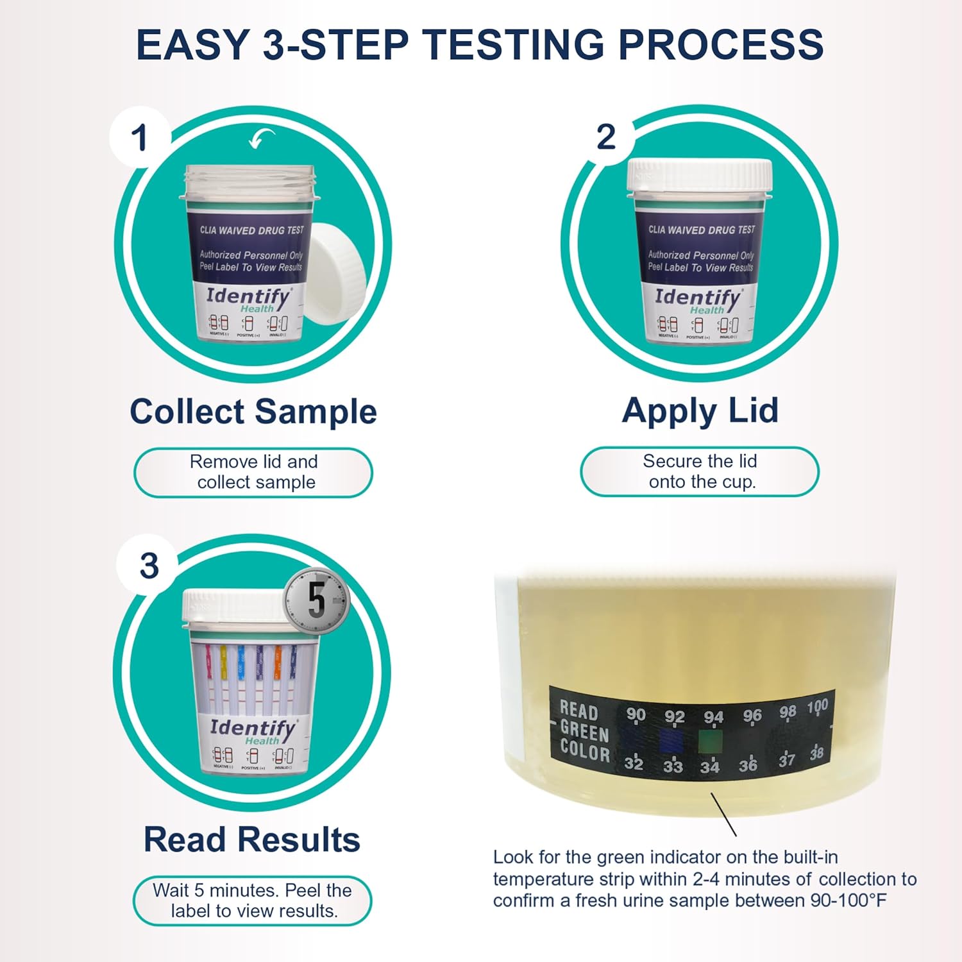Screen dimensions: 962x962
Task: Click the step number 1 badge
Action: tap(139, 138)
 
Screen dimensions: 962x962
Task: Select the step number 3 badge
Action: tap(149, 566)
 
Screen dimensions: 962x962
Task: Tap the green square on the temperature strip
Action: tap(711, 740)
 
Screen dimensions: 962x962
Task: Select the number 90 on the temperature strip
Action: tap(636, 714)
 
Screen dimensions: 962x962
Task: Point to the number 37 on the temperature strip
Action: tap(787, 760)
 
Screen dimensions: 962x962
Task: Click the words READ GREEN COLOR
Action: tap(584, 732)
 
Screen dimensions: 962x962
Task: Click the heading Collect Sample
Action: tap(253, 411)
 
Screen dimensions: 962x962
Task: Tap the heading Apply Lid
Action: tap(700, 410)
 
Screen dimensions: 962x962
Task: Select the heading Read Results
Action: tap(252, 839)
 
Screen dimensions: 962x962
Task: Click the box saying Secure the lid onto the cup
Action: tap(700, 471)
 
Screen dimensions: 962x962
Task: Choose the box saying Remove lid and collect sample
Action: tap(253, 472)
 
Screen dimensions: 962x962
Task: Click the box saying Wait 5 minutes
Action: tap(252, 900)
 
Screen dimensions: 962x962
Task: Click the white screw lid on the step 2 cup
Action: tap(700, 175)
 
